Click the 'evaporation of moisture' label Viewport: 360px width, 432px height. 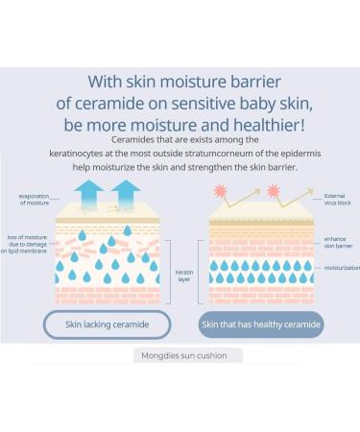[x=33, y=200]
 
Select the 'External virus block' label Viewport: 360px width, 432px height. [x=338, y=201]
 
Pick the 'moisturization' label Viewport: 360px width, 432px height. [x=340, y=268]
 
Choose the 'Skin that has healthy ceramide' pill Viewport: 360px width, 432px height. [x=261, y=324]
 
